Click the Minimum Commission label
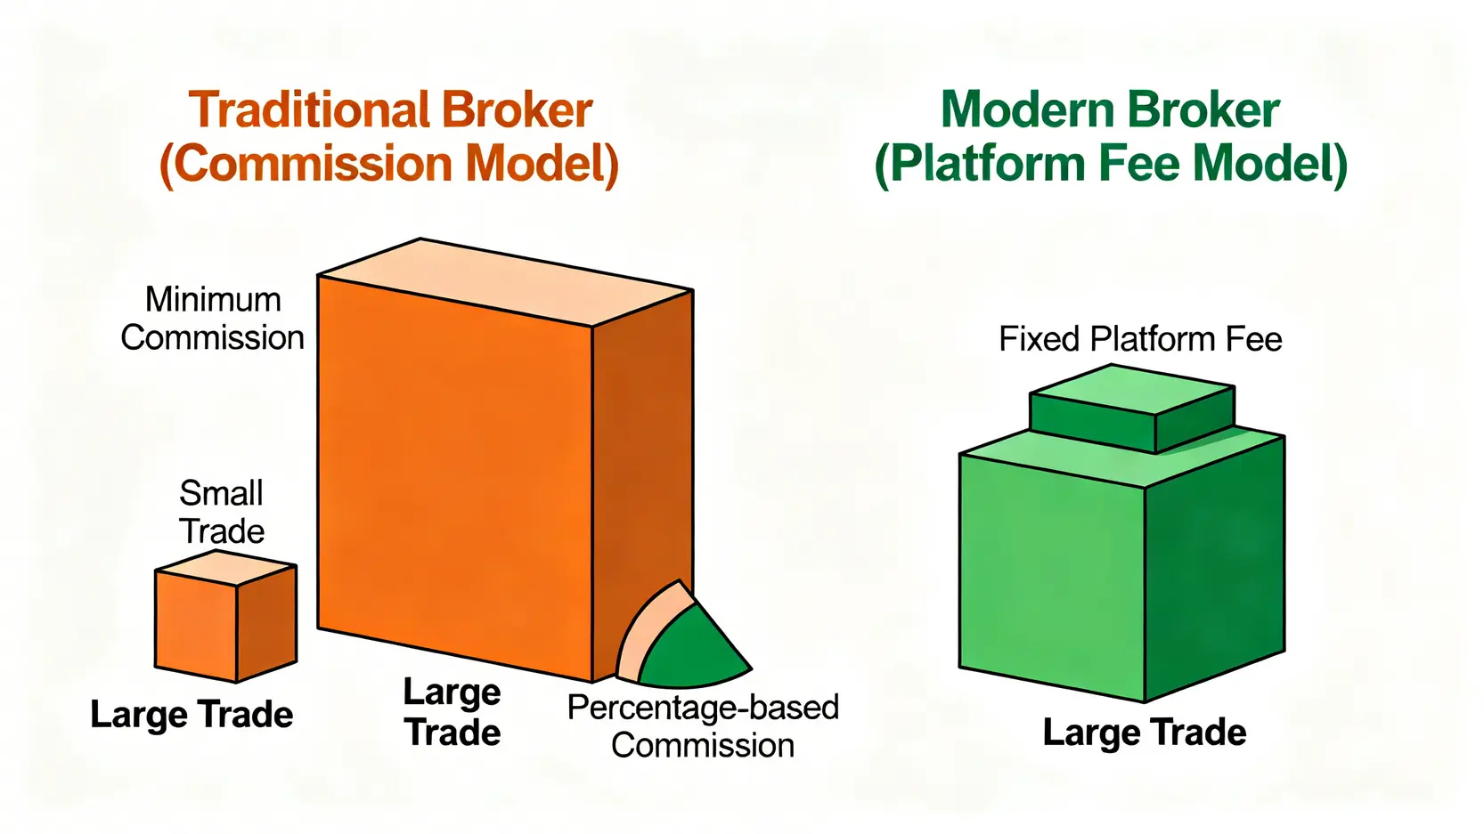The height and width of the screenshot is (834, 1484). click(212, 319)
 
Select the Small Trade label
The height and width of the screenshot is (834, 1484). click(221, 512)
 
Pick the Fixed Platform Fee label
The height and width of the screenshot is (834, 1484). click(1140, 339)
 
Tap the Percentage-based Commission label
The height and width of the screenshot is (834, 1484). click(703, 726)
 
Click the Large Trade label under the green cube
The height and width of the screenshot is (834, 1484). click(1144, 733)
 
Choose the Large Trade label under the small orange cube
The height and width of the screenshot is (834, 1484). click(192, 715)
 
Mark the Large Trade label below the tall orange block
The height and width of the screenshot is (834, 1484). click(452, 712)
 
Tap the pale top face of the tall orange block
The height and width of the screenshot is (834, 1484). click(503, 280)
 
